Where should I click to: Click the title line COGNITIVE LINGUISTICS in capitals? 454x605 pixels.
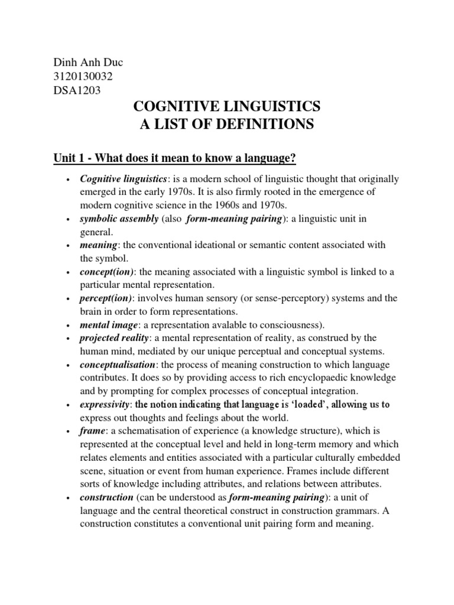(227, 107)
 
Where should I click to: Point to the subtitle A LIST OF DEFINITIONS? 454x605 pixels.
(227, 125)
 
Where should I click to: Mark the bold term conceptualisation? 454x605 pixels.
(119, 364)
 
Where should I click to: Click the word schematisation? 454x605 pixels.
(134, 431)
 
